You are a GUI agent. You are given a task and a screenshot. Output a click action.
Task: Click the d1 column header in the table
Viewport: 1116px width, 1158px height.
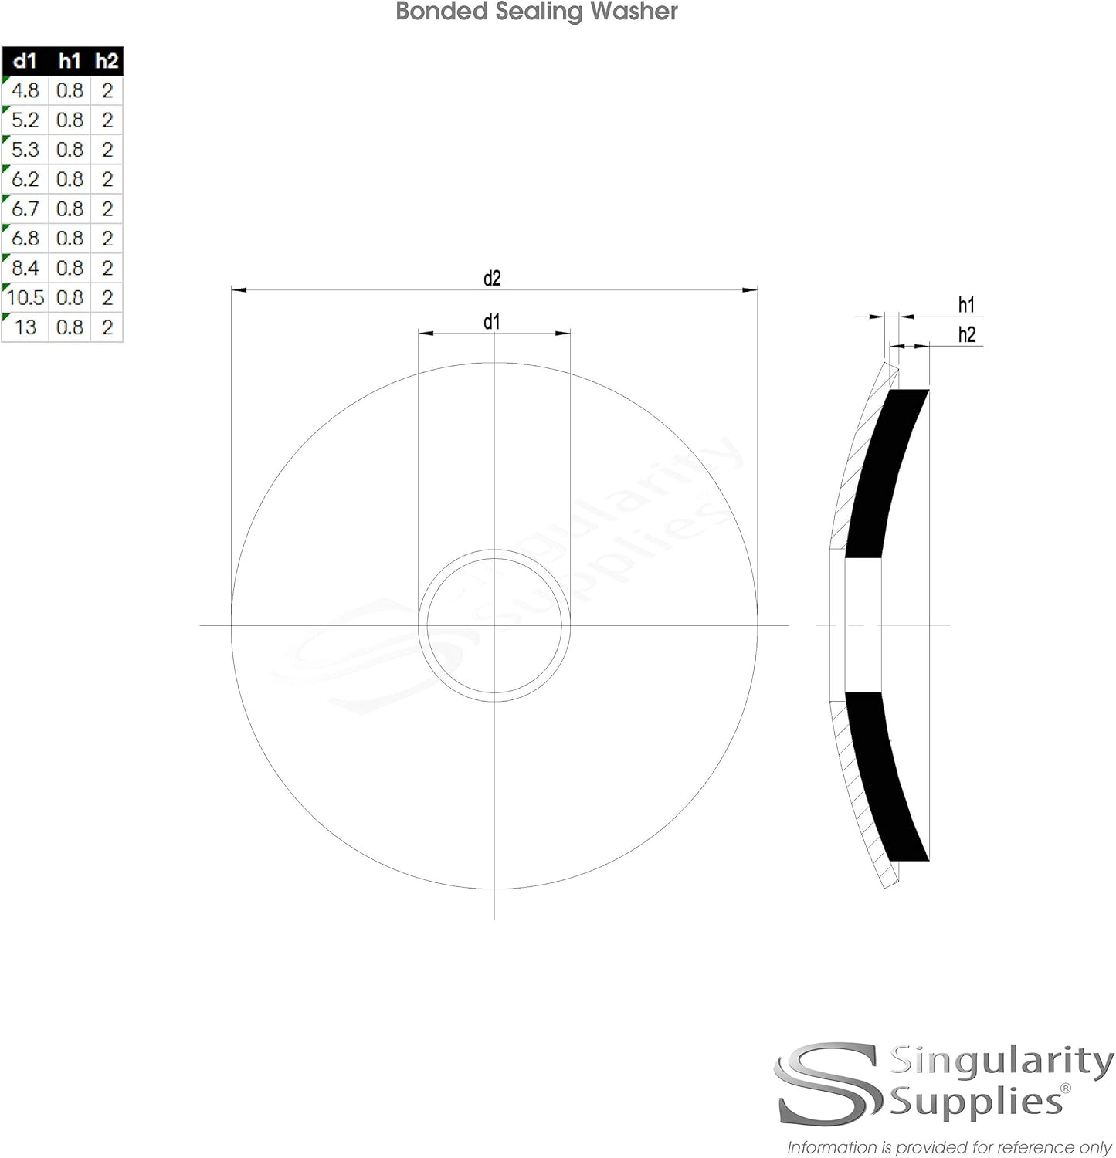25,61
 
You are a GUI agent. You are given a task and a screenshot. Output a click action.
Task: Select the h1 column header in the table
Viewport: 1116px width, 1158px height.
70,61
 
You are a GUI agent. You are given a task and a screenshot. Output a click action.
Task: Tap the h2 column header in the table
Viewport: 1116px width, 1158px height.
107,61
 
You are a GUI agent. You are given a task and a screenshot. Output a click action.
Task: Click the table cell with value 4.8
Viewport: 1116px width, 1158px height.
25,90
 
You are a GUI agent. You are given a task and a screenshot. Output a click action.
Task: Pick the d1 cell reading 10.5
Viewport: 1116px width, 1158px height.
25,297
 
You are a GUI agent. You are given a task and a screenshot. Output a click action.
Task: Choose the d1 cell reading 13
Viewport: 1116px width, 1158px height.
25,327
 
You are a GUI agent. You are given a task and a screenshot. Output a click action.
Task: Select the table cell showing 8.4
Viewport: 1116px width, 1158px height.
25,268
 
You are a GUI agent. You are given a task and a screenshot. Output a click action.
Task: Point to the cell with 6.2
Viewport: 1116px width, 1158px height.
25,179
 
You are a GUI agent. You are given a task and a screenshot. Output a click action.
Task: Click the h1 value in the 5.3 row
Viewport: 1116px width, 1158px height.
70,149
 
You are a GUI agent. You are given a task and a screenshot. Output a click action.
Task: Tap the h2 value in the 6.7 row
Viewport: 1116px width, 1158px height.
107,208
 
